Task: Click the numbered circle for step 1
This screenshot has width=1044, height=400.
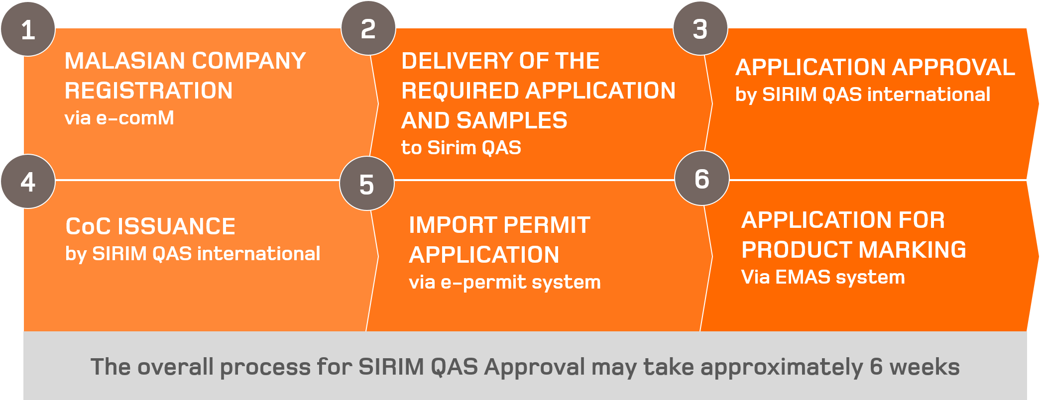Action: [28, 29]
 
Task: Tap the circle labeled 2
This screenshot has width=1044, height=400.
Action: [368, 28]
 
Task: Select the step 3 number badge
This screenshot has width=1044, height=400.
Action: [700, 29]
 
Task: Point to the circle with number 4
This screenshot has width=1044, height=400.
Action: [28, 182]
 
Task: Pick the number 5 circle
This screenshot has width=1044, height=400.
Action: [367, 184]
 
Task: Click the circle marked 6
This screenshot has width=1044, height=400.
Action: [702, 178]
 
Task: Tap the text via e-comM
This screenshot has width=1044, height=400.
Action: [119, 118]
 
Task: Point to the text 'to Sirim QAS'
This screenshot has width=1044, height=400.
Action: [461, 148]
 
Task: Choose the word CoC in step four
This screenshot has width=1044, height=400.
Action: [88, 227]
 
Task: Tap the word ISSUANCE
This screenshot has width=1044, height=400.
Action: [177, 227]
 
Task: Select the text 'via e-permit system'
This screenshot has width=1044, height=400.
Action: [505, 283]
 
